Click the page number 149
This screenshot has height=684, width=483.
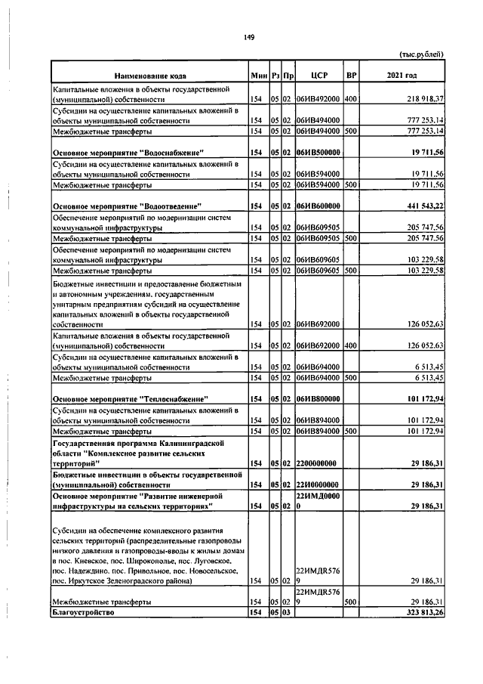pyautogui.click(x=248, y=38)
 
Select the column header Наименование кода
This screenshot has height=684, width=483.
pyautogui.click(x=150, y=76)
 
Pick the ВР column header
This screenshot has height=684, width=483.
pyautogui.click(x=350, y=76)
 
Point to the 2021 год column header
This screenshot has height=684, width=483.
pyautogui.click(x=401, y=76)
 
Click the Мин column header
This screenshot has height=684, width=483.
pyautogui.click(x=258, y=76)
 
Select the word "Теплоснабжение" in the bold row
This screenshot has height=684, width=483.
pyautogui.click(x=171, y=398)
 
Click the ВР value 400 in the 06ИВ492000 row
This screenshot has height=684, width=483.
pyautogui.click(x=350, y=99)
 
